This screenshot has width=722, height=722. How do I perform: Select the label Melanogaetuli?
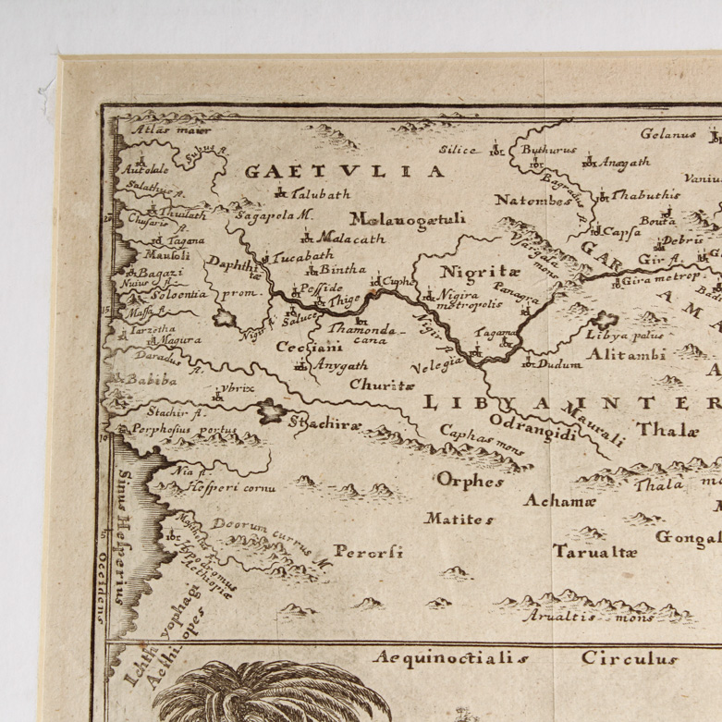tap(412, 219)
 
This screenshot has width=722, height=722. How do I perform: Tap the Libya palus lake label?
tap(643, 336)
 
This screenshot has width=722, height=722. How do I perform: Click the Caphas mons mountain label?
tap(482, 440)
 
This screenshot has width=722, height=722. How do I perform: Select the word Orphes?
tap(470, 481)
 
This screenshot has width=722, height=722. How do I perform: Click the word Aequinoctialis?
tap(452, 659)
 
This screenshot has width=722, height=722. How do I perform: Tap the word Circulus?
tap(630, 659)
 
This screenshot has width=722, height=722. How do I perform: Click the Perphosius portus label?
tap(171, 430)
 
